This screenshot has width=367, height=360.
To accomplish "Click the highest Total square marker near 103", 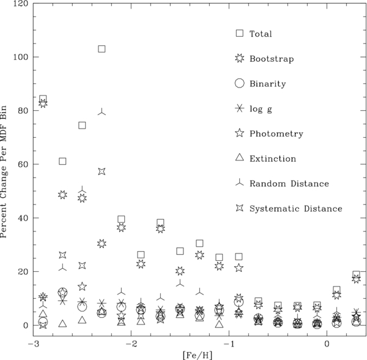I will click(102, 48).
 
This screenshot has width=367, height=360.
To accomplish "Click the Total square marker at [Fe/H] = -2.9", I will click(43, 99).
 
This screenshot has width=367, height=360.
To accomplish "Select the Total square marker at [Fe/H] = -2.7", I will click(62, 161).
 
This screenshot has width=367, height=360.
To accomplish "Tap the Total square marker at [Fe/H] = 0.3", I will click(356, 274).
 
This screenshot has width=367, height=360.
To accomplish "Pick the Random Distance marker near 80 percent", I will click(102, 111).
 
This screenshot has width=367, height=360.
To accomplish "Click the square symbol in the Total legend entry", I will click(240, 33).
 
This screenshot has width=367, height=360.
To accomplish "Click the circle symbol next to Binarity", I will click(240, 83).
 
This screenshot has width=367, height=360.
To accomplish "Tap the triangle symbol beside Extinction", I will click(240, 157).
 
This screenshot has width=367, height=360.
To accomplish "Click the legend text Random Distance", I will click(290, 183).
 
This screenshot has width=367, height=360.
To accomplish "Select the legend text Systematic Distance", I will click(295, 208).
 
